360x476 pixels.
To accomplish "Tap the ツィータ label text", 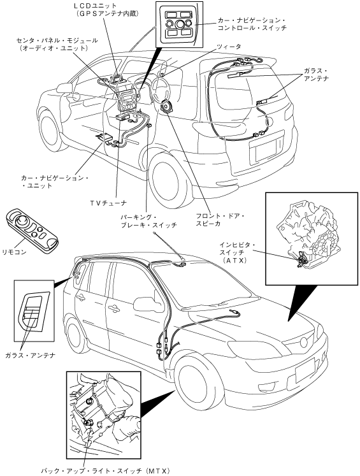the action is (x=229, y=47).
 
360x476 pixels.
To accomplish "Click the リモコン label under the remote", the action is (x=14, y=252).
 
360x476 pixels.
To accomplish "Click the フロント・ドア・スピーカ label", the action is (x=220, y=220).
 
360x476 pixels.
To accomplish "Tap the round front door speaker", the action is (x=167, y=108).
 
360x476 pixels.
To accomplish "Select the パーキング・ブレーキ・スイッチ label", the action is (x=148, y=221).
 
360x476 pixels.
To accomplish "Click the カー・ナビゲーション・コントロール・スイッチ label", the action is (x=252, y=24).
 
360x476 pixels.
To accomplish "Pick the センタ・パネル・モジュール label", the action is (x=57, y=45).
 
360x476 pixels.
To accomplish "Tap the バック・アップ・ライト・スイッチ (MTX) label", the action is (x=104, y=471).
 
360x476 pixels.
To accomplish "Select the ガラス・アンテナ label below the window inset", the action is (x=31, y=355).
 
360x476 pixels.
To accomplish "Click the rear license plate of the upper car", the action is (x=266, y=150).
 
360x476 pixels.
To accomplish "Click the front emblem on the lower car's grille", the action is (x=304, y=342).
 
